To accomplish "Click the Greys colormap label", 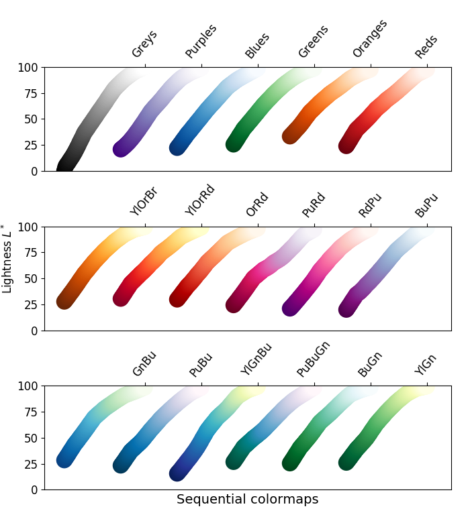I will click(144, 44).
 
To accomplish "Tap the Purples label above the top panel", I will click(201, 42).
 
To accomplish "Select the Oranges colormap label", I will click(370, 39).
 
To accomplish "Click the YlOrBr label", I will click(144, 201).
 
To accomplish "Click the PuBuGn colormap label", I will click(314, 358).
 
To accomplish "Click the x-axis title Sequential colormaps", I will click(247, 500).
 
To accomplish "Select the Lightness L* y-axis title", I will click(8, 258).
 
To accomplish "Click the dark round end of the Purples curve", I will click(121, 150).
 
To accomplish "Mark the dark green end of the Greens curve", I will click(234, 144).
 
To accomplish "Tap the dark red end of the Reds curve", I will click(346, 146).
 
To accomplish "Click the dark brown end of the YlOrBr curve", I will click(64, 302).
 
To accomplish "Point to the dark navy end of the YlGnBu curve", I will click(177, 473).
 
